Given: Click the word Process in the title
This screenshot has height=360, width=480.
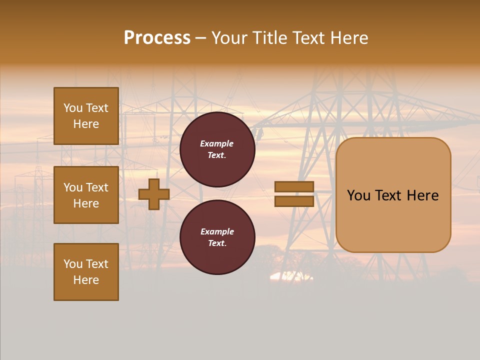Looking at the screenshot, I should [x=157, y=38].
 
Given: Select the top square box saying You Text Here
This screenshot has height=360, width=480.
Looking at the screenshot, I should [x=86, y=116].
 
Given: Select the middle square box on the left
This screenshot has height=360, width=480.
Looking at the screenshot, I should [x=86, y=195].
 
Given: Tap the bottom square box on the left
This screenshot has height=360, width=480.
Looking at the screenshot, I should [x=86, y=272].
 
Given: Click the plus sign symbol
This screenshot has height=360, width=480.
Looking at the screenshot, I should [x=154, y=194].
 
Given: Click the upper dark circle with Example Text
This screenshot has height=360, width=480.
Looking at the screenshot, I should [x=217, y=149].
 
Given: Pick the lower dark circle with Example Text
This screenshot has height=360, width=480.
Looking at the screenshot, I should [x=217, y=237].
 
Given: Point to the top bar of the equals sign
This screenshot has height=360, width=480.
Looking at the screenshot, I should [x=294, y=187].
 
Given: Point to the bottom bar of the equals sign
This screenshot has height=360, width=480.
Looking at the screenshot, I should [x=294, y=201].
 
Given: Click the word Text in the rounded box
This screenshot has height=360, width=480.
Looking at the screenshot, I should [x=391, y=195].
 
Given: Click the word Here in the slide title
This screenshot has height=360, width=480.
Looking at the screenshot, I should [x=348, y=38].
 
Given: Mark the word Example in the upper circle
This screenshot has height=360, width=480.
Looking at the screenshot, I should [x=216, y=144].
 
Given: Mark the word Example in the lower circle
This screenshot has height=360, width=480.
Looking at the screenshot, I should [x=216, y=232].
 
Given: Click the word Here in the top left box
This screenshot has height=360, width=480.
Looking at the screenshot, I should [x=86, y=124].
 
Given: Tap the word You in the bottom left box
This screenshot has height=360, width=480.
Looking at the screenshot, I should [x=73, y=264].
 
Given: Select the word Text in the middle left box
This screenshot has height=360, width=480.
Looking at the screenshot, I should [x=97, y=187].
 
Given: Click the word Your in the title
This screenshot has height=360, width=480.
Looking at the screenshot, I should [x=229, y=38].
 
